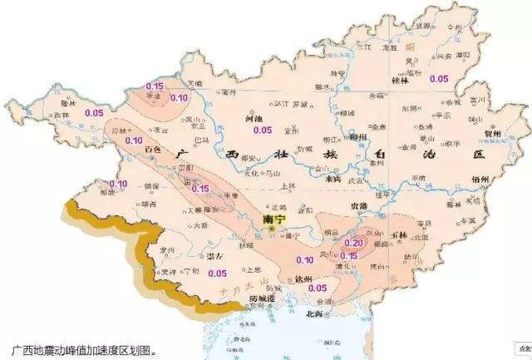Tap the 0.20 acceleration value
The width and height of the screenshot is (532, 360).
[x=353, y=242]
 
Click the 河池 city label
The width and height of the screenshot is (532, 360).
[x=254, y=119]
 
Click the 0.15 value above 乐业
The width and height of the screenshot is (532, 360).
[x=154, y=86]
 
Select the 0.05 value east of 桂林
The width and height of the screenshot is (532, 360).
[x=439, y=78]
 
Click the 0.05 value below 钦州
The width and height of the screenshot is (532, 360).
[x=317, y=288]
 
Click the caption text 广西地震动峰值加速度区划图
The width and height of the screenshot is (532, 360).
[x=83, y=350]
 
